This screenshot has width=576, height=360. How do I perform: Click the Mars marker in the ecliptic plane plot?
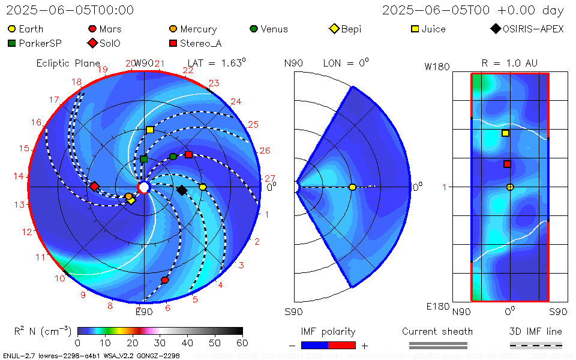coord(165,280)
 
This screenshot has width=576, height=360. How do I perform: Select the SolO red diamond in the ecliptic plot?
coord(94,187)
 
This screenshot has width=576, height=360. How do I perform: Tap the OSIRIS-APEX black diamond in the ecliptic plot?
coord(182,190)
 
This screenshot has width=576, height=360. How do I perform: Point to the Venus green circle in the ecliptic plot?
coord(173,157)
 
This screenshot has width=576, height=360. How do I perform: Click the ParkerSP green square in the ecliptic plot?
coord(144,159)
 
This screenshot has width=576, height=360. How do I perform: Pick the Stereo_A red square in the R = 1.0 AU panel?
coord(507,164)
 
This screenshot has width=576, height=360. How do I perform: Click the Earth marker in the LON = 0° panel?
coord(352,187)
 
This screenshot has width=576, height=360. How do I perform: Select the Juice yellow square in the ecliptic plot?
coord(150,130)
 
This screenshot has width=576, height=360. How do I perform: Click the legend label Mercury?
coord(198,29)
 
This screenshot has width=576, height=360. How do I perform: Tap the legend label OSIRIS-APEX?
coord(533,29)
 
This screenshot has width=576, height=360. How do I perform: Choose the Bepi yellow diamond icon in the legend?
coord(334,29)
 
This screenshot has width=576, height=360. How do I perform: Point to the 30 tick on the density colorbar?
coord(160,343)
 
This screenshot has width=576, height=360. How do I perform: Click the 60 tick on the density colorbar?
coord(242,343)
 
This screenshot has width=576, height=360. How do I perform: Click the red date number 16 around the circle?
coord(37,122)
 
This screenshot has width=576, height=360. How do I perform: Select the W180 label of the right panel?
coord(437,67)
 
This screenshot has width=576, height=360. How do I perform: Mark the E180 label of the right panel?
coord(437,307)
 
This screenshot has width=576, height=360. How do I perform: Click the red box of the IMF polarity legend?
coord(342,345)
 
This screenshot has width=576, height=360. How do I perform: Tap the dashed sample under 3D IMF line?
coord(536,345)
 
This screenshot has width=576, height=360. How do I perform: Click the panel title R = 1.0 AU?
coord(509,63)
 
